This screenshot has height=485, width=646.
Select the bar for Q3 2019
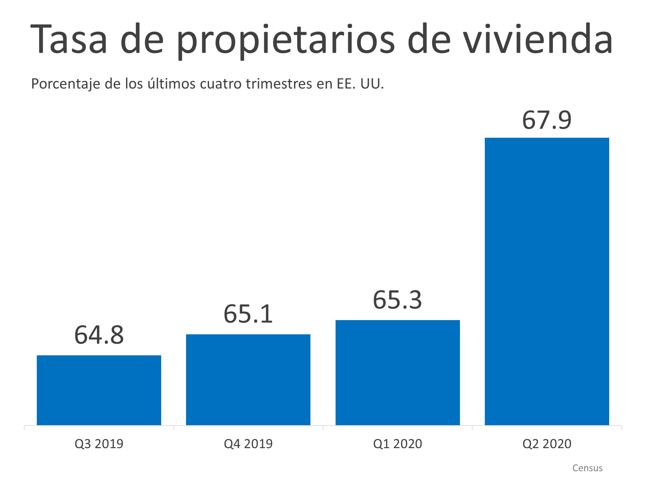point(99,390)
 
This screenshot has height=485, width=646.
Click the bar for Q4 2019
point(248,380)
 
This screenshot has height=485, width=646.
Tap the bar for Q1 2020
point(398,372)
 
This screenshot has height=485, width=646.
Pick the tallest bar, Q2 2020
point(547,281)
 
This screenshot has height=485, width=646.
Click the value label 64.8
point(99,335)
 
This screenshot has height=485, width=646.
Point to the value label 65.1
point(248,314)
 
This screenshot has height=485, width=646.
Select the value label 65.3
point(397,300)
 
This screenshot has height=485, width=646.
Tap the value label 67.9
point(547,120)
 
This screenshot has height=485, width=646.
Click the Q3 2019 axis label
point(99,444)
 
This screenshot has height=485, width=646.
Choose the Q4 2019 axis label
point(248,444)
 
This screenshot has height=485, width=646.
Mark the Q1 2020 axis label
point(397,444)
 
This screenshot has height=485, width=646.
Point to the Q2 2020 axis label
point(547,444)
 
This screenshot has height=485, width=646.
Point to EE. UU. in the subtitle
point(360,84)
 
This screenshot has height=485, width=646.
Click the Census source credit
point(587,468)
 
